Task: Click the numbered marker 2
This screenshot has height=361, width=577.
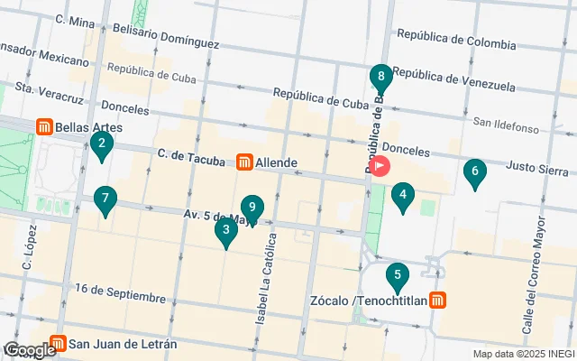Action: pos(102,143)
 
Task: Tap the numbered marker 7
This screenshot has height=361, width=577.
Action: pos(105,199)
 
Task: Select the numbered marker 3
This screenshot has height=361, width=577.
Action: pos(225,231)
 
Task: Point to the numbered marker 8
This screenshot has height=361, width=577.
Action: pos(381,77)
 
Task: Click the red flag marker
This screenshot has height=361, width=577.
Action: pos(380,166)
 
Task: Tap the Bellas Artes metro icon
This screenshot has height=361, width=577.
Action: pos(43,128)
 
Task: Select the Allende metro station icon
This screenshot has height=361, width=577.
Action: pos(243,162)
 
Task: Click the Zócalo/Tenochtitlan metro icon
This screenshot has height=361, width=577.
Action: pos(437,300)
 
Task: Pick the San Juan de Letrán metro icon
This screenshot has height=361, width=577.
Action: pos(58,344)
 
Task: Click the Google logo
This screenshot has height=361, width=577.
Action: pos(29,350)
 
